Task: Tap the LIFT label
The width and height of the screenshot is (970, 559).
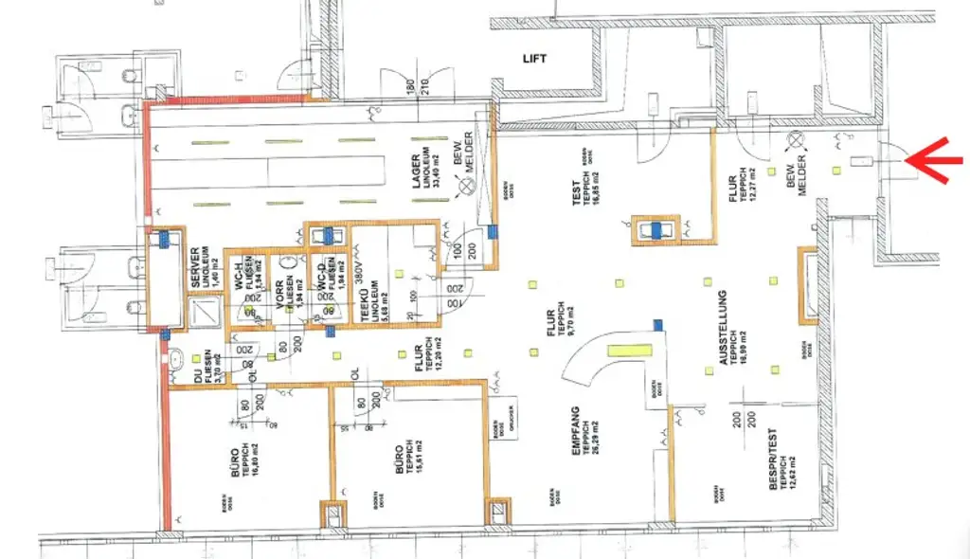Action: [x=535, y=58]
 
